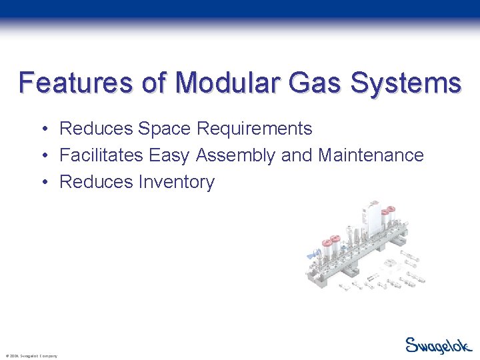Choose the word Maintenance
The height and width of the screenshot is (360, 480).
click(x=371, y=155)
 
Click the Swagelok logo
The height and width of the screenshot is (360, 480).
click(x=439, y=345)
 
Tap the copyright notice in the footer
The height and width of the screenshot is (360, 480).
click(x=31, y=356)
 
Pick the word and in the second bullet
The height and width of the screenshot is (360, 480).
click(x=296, y=155)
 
